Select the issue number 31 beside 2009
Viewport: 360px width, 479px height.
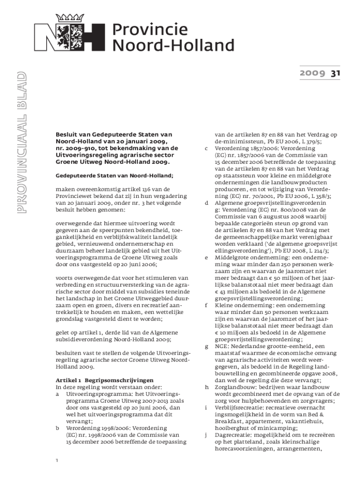pyautogui.click(x=335, y=73)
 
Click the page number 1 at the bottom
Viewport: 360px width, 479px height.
pyautogui.click(x=57, y=461)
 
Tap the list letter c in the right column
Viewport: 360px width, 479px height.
pyautogui.click(x=206, y=149)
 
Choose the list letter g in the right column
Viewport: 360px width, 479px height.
pyautogui.click(x=206, y=346)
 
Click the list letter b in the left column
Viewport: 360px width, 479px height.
pyautogui.click(x=58, y=428)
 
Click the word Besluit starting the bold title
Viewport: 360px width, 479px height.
pyautogui.click(x=67, y=134)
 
